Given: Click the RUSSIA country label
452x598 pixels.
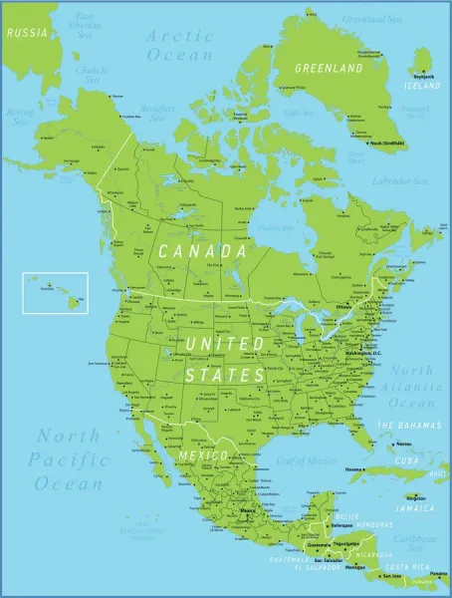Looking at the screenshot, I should tap(27, 32).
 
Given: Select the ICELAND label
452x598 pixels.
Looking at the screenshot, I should tap(419, 85).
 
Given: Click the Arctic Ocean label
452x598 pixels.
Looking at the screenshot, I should tap(180, 45).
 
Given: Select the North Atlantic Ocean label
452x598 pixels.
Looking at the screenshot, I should tap(411, 387).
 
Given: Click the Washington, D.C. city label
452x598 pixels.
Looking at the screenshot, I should tap(363, 353).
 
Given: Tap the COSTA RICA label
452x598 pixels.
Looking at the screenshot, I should tap(404, 566).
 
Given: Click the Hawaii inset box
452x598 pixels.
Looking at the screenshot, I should tap(55, 292).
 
